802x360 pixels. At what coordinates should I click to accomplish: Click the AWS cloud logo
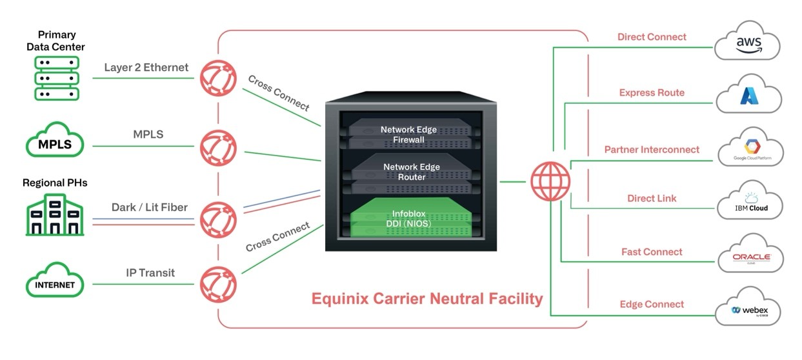click(x=748, y=43)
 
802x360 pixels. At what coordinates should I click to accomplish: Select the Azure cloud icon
click(x=748, y=97)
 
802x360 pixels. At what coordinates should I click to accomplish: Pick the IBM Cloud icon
click(x=750, y=203)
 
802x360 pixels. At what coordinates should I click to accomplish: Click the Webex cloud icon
click(x=748, y=309)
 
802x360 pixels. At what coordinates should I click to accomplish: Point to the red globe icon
click(x=550, y=181)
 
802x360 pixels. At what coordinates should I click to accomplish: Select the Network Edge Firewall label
click(x=408, y=134)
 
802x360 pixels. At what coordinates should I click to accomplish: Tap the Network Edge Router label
click(x=411, y=172)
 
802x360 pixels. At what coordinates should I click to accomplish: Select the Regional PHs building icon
click(x=55, y=215)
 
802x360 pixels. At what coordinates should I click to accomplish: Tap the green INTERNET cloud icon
click(x=55, y=281)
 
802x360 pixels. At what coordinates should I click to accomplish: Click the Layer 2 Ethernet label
click(x=146, y=67)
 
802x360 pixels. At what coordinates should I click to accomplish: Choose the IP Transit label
click(x=150, y=273)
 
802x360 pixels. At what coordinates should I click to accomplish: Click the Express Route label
click(x=652, y=92)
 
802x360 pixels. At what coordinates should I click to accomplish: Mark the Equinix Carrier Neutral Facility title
click(x=427, y=299)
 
